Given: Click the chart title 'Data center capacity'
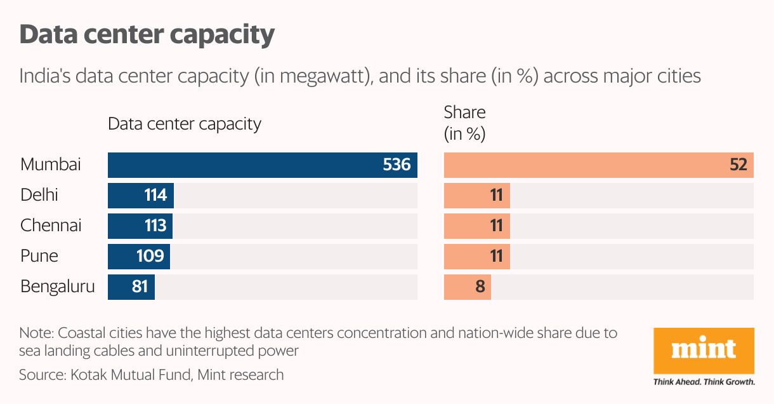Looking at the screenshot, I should click(x=147, y=34).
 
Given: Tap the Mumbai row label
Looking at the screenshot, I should click(x=51, y=165).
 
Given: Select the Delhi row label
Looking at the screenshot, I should click(x=39, y=195).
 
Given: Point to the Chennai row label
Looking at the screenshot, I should click(x=51, y=226).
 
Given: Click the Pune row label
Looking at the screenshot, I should click(x=39, y=256).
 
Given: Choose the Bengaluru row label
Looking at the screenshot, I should click(x=57, y=286).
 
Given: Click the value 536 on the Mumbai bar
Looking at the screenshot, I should click(x=397, y=165).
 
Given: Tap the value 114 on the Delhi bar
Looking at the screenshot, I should click(x=155, y=195).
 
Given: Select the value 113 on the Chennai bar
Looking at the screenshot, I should click(x=154, y=226).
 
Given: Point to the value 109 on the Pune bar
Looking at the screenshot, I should click(x=151, y=256).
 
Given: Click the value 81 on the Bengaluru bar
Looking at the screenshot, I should click(x=140, y=286).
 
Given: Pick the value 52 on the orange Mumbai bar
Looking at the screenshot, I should click(x=738, y=165).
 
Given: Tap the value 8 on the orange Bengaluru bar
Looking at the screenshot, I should click(x=480, y=286).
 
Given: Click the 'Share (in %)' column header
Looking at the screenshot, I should click(x=464, y=123).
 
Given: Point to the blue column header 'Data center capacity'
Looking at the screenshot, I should click(x=184, y=123).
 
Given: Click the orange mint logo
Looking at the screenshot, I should click(x=704, y=350).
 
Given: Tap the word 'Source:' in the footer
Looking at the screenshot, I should click(x=41, y=375).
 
